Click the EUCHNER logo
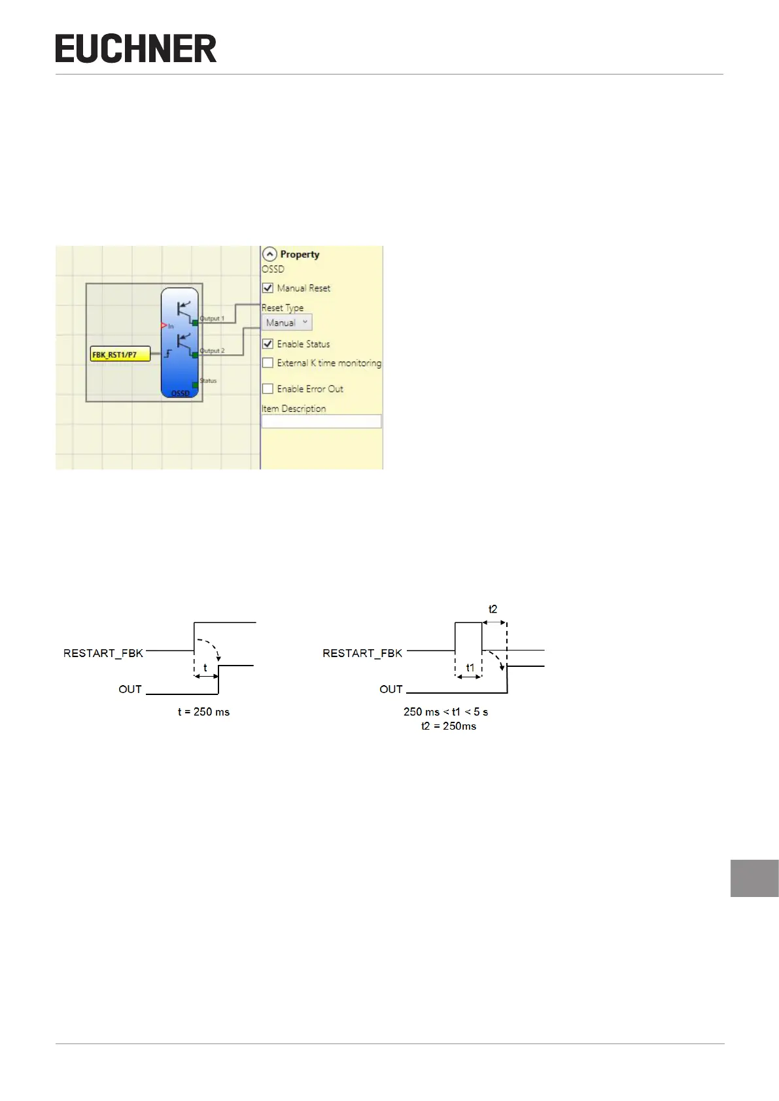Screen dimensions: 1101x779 [136, 49]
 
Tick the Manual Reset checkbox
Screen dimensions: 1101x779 [268, 288]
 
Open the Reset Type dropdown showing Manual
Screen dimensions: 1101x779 [286, 322]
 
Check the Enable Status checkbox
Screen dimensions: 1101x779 [268, 344]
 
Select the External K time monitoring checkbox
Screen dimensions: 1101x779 [268, 363]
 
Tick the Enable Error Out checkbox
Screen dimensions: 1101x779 [268, 389]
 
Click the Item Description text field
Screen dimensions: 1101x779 [321, 422]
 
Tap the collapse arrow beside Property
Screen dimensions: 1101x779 [269, 254]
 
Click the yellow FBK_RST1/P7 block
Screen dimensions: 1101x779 [120, 355]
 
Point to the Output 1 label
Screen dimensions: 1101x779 [212, 318]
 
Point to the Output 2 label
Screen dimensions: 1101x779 [212, 350]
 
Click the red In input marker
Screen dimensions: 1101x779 [164, 326]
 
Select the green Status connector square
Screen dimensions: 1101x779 [195, 385]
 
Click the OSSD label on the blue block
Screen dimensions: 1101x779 [181, 393]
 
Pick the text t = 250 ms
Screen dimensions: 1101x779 [203, 712]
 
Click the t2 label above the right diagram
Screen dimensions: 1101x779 [493, 609]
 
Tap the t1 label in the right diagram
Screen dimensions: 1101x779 [470, 668]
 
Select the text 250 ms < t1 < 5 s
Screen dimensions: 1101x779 [445, 712]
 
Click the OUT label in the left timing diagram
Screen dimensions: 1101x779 [130, 689]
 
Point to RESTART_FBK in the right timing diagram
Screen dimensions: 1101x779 [362, 653]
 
